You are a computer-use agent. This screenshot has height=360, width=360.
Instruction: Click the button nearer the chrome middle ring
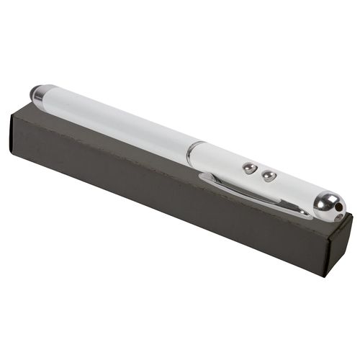249,168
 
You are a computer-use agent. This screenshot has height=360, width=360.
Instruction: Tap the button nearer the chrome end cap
269,176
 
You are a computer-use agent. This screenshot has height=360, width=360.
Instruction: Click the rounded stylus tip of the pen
34,92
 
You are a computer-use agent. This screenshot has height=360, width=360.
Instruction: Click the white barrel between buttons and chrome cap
295,189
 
